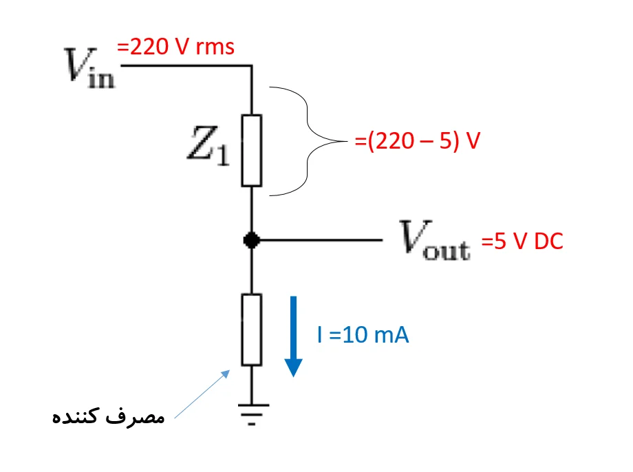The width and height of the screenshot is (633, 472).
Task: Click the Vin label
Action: (x=90, y=67)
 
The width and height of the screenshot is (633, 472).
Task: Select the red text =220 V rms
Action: (x=175, y=47)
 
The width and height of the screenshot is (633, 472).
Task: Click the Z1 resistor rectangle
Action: (x=251, y=151)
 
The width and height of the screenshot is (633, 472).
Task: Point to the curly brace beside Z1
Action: (x=310, y=142)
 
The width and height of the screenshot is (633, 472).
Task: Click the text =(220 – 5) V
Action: (x=417, y=142)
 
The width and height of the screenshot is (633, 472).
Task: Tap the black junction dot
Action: (x=251, y=240)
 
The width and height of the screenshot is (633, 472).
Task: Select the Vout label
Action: (x=436, y=241)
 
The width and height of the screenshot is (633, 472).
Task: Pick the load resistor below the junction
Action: (x=251, y=330)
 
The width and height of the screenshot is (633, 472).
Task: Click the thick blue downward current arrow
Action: (x=294, y=336)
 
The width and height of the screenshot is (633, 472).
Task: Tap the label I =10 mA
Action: (x=363, y=336)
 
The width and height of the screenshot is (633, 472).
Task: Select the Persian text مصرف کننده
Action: (x=109, y=416)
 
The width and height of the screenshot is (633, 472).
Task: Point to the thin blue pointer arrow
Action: (x=202, y=394)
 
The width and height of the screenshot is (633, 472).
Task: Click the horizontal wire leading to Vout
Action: (x=316, y=240)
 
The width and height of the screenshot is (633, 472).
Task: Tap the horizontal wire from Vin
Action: (x=186, y=66)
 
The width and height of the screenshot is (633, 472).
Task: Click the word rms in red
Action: (x=215, y=47)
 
